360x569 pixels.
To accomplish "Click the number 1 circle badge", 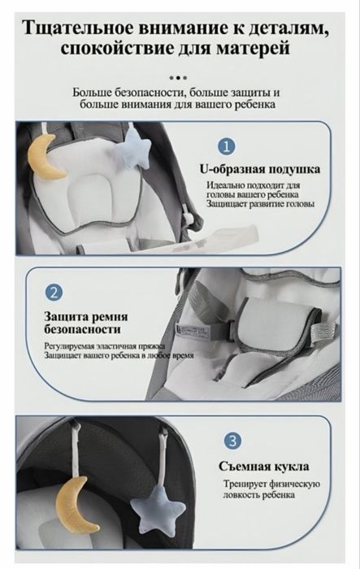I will pyautogui.click(x=227, y=146).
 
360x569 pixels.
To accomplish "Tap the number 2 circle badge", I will pyautogui.click(x=53, y=292).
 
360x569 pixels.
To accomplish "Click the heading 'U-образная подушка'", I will pyautogui.click(x=259, y=170).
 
